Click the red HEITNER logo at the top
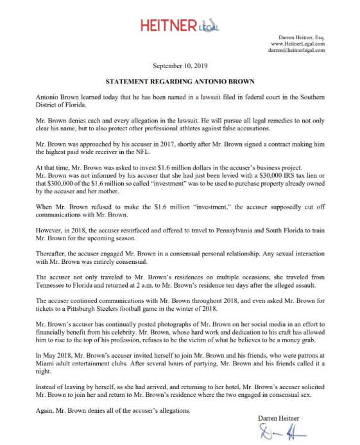[169, 26]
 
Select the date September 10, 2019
[180, 66]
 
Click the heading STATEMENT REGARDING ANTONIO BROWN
[180, 82]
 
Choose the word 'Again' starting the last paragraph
[46, 410]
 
